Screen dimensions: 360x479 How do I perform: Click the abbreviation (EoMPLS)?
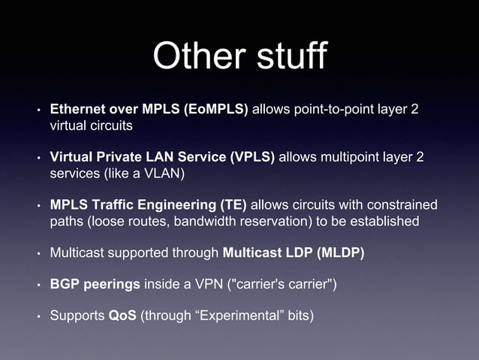[x=215, y=110]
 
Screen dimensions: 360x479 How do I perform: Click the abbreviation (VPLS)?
[x=253, y=157]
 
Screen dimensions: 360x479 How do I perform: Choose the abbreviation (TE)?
[x=230, y=205]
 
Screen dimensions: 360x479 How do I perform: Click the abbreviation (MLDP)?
[x=340, y=253]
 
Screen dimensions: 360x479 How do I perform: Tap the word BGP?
[x=65, y=284]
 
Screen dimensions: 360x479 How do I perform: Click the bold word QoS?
[x=122, y=316]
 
